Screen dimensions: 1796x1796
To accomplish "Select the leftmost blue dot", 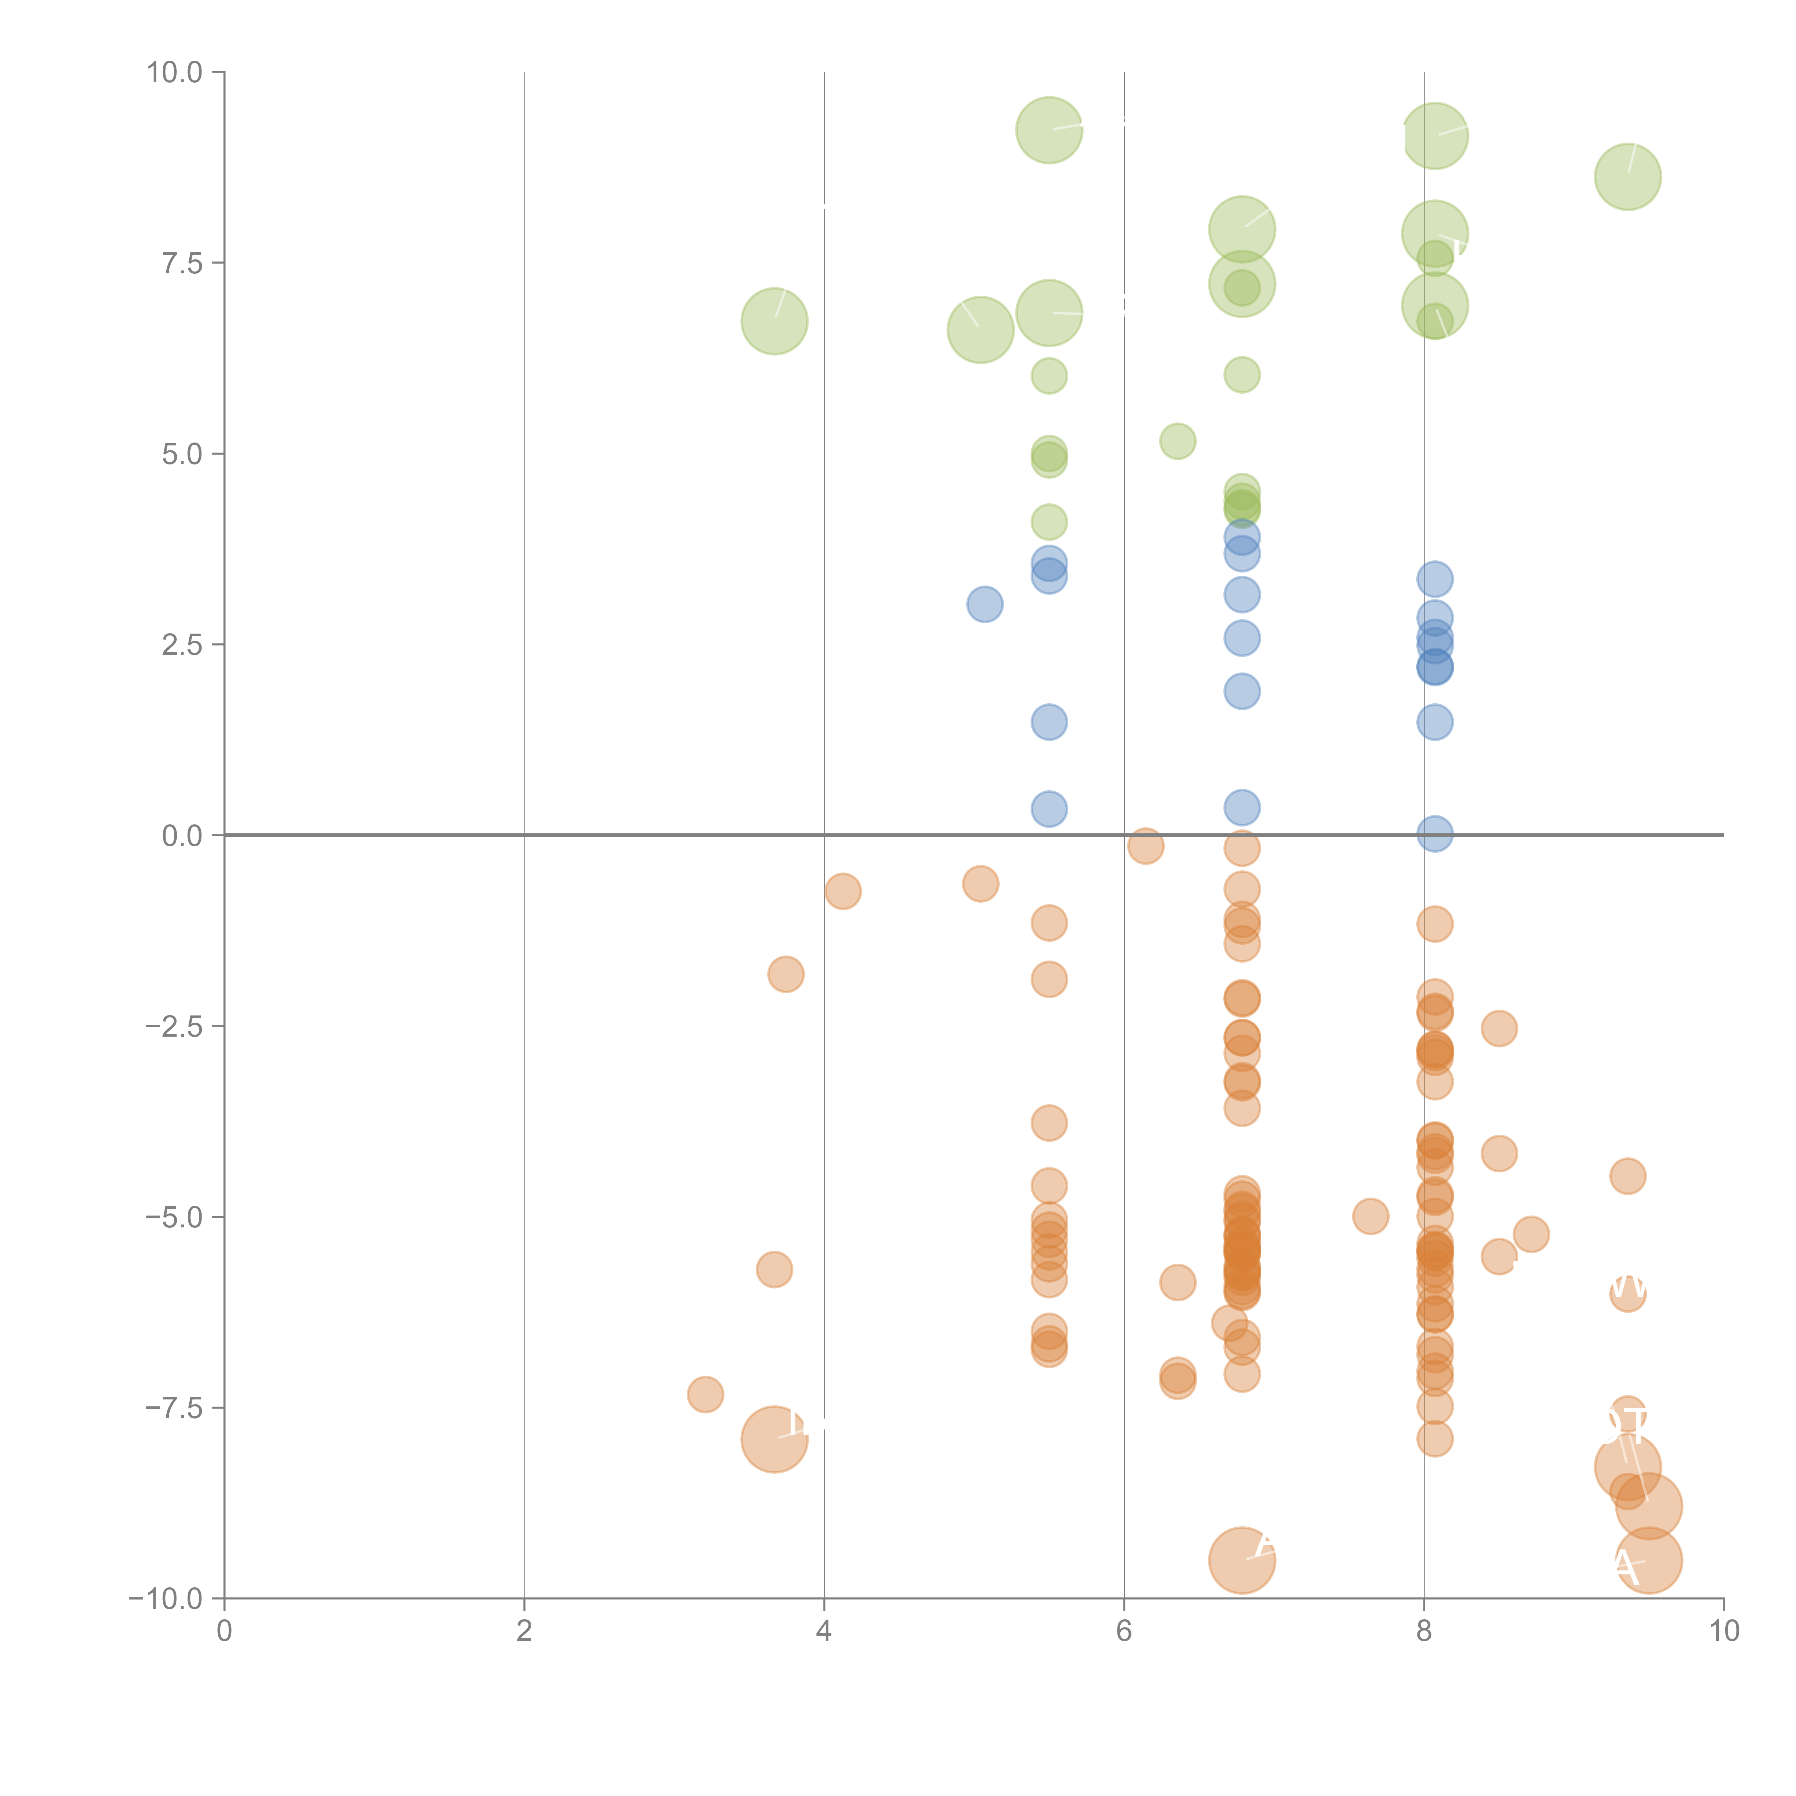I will coord(985,604).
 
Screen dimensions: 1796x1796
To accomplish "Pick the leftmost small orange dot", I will coord(705,1394).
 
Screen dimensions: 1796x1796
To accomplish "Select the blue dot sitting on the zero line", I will coord(1434,834).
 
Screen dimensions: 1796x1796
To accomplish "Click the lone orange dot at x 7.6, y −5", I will coord(1370,1216).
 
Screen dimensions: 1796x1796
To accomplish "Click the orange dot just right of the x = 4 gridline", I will coord(842,892).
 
